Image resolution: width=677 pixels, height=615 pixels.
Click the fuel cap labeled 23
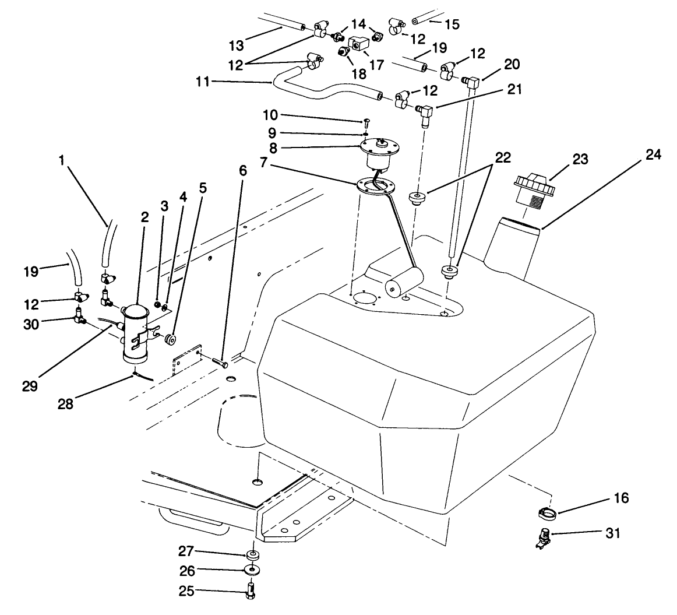[531, 187]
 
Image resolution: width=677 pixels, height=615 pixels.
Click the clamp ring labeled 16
[548, 513]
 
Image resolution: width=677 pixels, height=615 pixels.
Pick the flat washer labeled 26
[252, 568]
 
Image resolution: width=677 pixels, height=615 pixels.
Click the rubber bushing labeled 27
[253, 553]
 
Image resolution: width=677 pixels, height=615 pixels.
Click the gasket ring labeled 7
[373, 185]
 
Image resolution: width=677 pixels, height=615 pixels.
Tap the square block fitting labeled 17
[357, 44]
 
